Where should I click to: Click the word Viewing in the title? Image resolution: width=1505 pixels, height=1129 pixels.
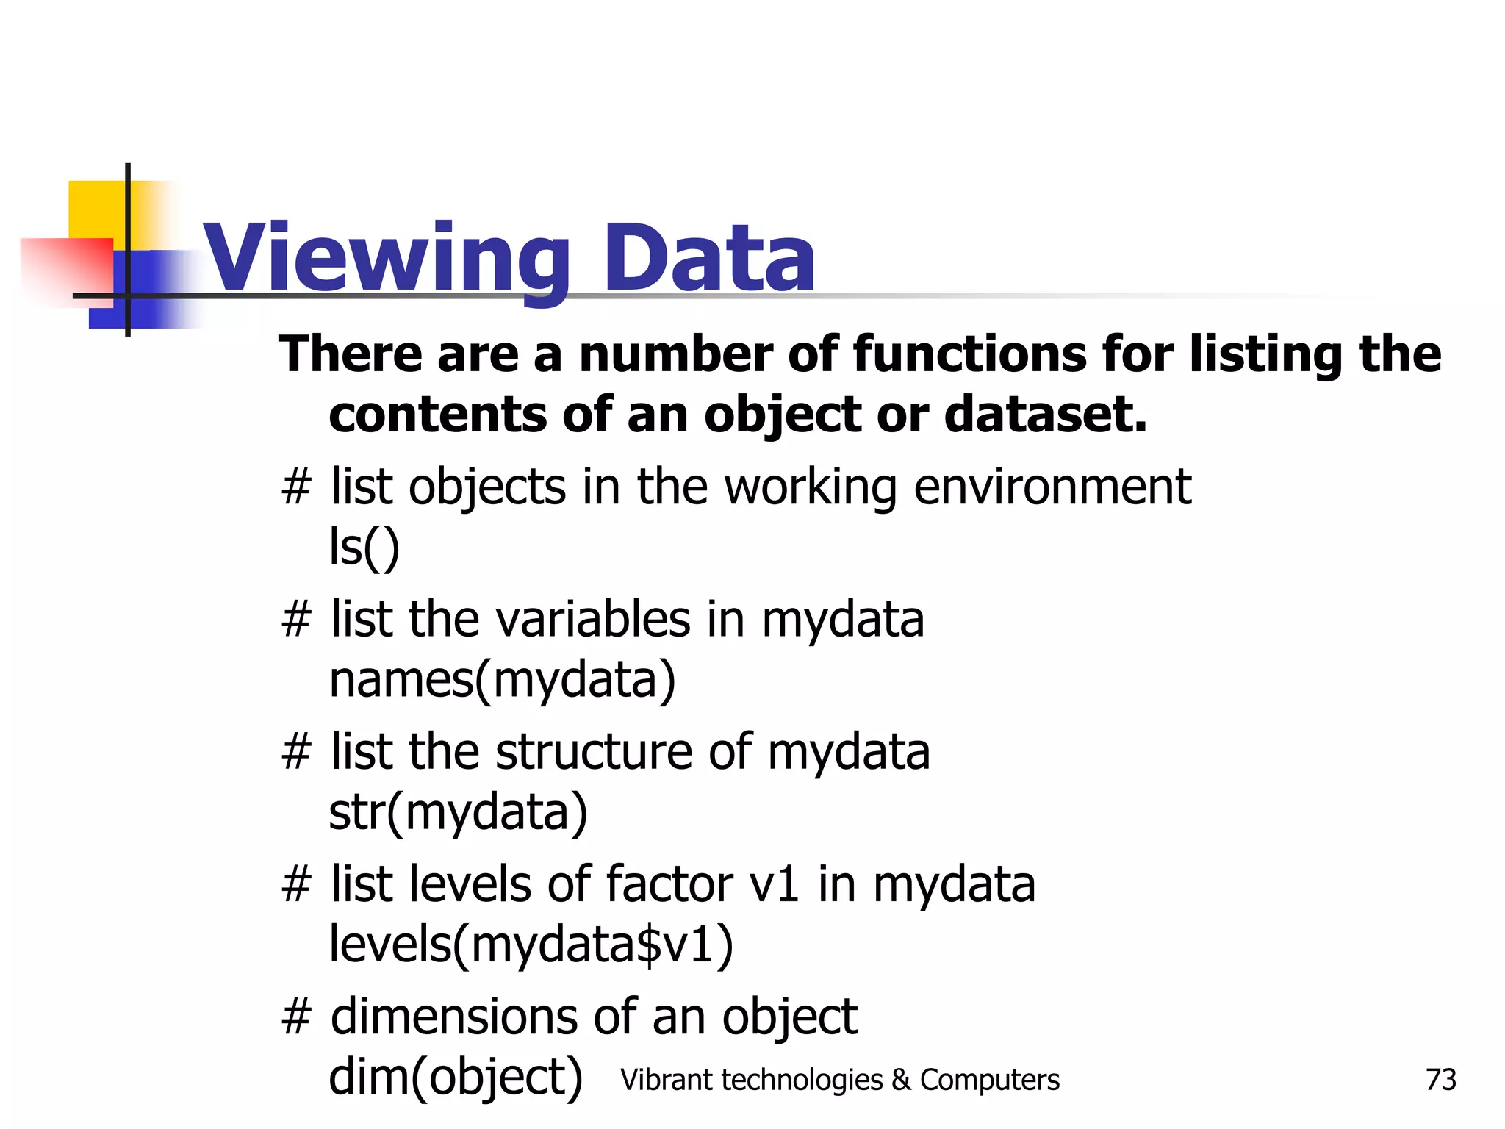(385, 259)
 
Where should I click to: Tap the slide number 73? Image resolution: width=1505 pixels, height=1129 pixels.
(1440, 1080)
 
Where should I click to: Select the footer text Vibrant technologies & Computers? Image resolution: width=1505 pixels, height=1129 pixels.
(839, 1080)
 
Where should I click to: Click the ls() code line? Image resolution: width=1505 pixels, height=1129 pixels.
(364, 547)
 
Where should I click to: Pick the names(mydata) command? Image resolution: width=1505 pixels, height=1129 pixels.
(502, 679)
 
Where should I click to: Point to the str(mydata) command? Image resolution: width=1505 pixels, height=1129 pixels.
(458, 811)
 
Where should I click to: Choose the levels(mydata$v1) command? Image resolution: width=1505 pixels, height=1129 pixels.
(531, 944)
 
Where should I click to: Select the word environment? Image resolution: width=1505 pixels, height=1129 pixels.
(1052, 487)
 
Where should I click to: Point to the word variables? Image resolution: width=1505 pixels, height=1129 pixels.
(593, 619)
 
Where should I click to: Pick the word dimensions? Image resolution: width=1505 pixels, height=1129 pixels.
(453, 1016)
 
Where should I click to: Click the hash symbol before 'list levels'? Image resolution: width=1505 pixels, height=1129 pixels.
(296, 884)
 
